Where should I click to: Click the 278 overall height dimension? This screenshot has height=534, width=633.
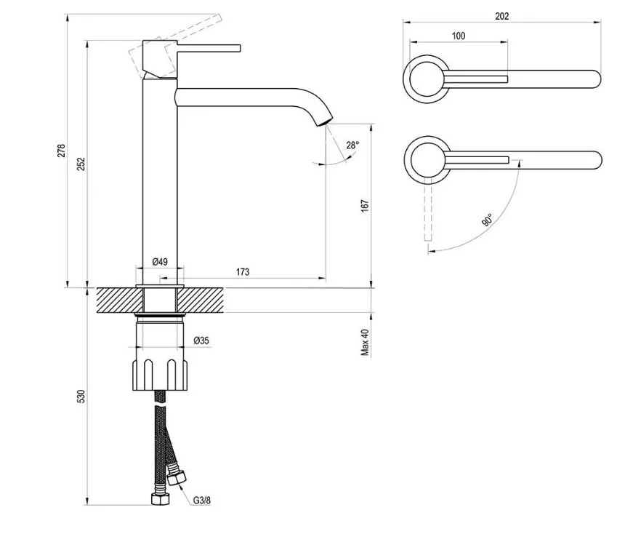click(x=62, y=151)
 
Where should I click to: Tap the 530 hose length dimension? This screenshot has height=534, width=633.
click(x=81, y=396)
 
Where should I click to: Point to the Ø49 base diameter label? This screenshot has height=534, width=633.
click(x=161, y=262)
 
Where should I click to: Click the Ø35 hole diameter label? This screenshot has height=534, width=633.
click(x=201, y=339)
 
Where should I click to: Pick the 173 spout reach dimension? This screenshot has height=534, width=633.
click(x=243, y=271)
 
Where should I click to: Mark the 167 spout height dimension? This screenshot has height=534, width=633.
click(x=365, y=206)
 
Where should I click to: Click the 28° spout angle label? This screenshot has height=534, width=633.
click(x=352, y=146)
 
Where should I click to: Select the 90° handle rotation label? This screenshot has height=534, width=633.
click(x=486, y=219)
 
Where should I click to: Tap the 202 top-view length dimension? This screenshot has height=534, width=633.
click(x=501, y=16)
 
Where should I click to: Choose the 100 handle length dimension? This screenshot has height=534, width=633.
click(x=459, y=36)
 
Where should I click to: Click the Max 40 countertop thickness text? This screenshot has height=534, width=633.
click(x=365, y=342)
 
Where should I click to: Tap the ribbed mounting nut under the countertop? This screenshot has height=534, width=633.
click(x=161, y=374)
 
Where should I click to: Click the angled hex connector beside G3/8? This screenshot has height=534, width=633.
click(x=177, y=478)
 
